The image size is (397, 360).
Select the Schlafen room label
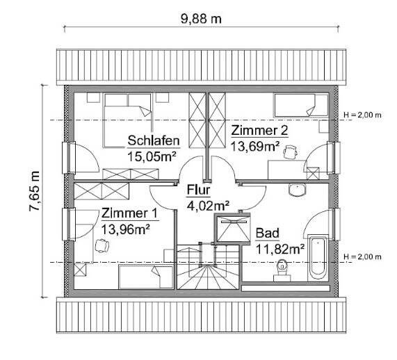154,142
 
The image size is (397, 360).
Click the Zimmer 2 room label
259,131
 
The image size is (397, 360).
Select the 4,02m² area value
208,205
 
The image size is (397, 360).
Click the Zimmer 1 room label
129,213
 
